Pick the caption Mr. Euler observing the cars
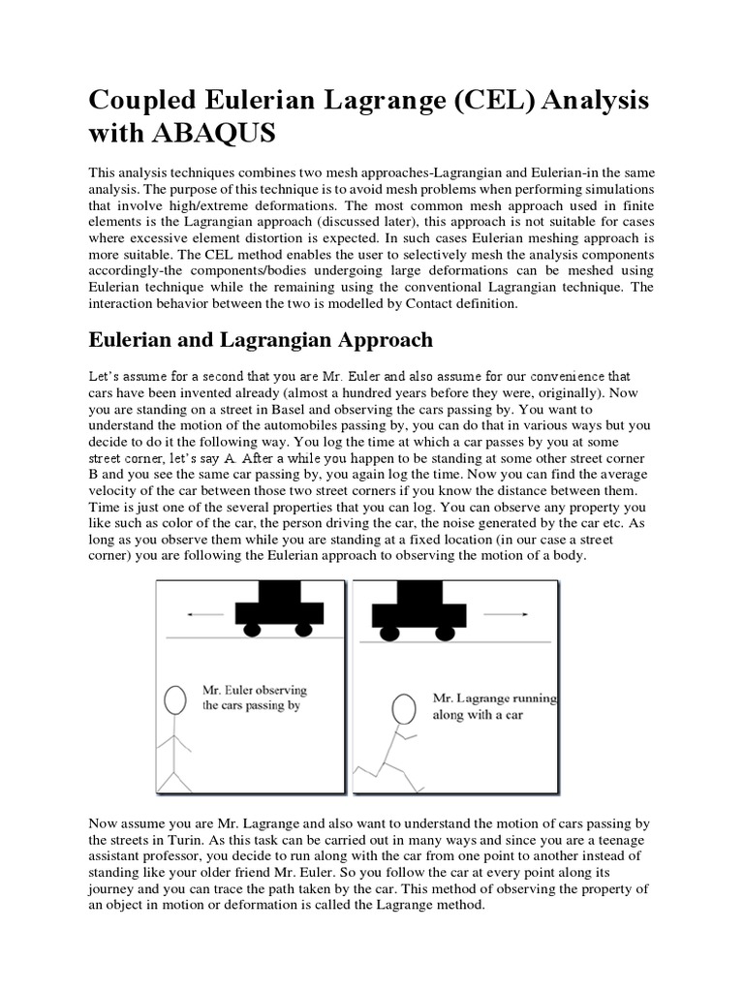tap(254, 697)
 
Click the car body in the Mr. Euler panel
tap(277, 605)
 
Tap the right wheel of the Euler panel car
tap(303, 631)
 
